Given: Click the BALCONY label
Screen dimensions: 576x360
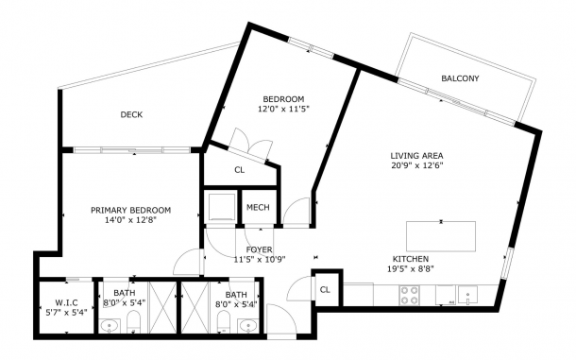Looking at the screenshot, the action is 460,78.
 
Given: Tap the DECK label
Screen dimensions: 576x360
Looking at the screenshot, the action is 131,114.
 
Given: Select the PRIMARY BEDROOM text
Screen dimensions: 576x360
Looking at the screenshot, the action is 130,211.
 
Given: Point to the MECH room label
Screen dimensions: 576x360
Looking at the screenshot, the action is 258,207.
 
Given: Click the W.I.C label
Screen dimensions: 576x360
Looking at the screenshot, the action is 66,303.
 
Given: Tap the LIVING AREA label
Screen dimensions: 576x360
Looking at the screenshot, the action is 416,156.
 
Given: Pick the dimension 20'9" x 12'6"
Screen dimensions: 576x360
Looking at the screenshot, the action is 416,165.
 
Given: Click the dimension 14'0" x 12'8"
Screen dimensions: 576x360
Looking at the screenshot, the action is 130,220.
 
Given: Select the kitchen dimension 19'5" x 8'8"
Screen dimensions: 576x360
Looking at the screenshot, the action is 411,268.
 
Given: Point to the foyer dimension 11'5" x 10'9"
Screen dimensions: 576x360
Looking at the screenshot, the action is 260,259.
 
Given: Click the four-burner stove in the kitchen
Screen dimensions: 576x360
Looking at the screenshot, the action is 410,296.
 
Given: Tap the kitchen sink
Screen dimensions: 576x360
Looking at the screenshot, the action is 467,295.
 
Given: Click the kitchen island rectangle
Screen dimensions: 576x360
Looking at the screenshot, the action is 441,236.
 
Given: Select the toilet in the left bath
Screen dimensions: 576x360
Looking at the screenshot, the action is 134,322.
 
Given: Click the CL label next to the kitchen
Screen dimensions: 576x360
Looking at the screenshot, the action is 325,290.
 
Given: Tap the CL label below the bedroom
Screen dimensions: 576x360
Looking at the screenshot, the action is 240,170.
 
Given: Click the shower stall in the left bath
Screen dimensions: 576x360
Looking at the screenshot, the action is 162,307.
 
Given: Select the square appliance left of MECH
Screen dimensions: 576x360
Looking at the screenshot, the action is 222,207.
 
